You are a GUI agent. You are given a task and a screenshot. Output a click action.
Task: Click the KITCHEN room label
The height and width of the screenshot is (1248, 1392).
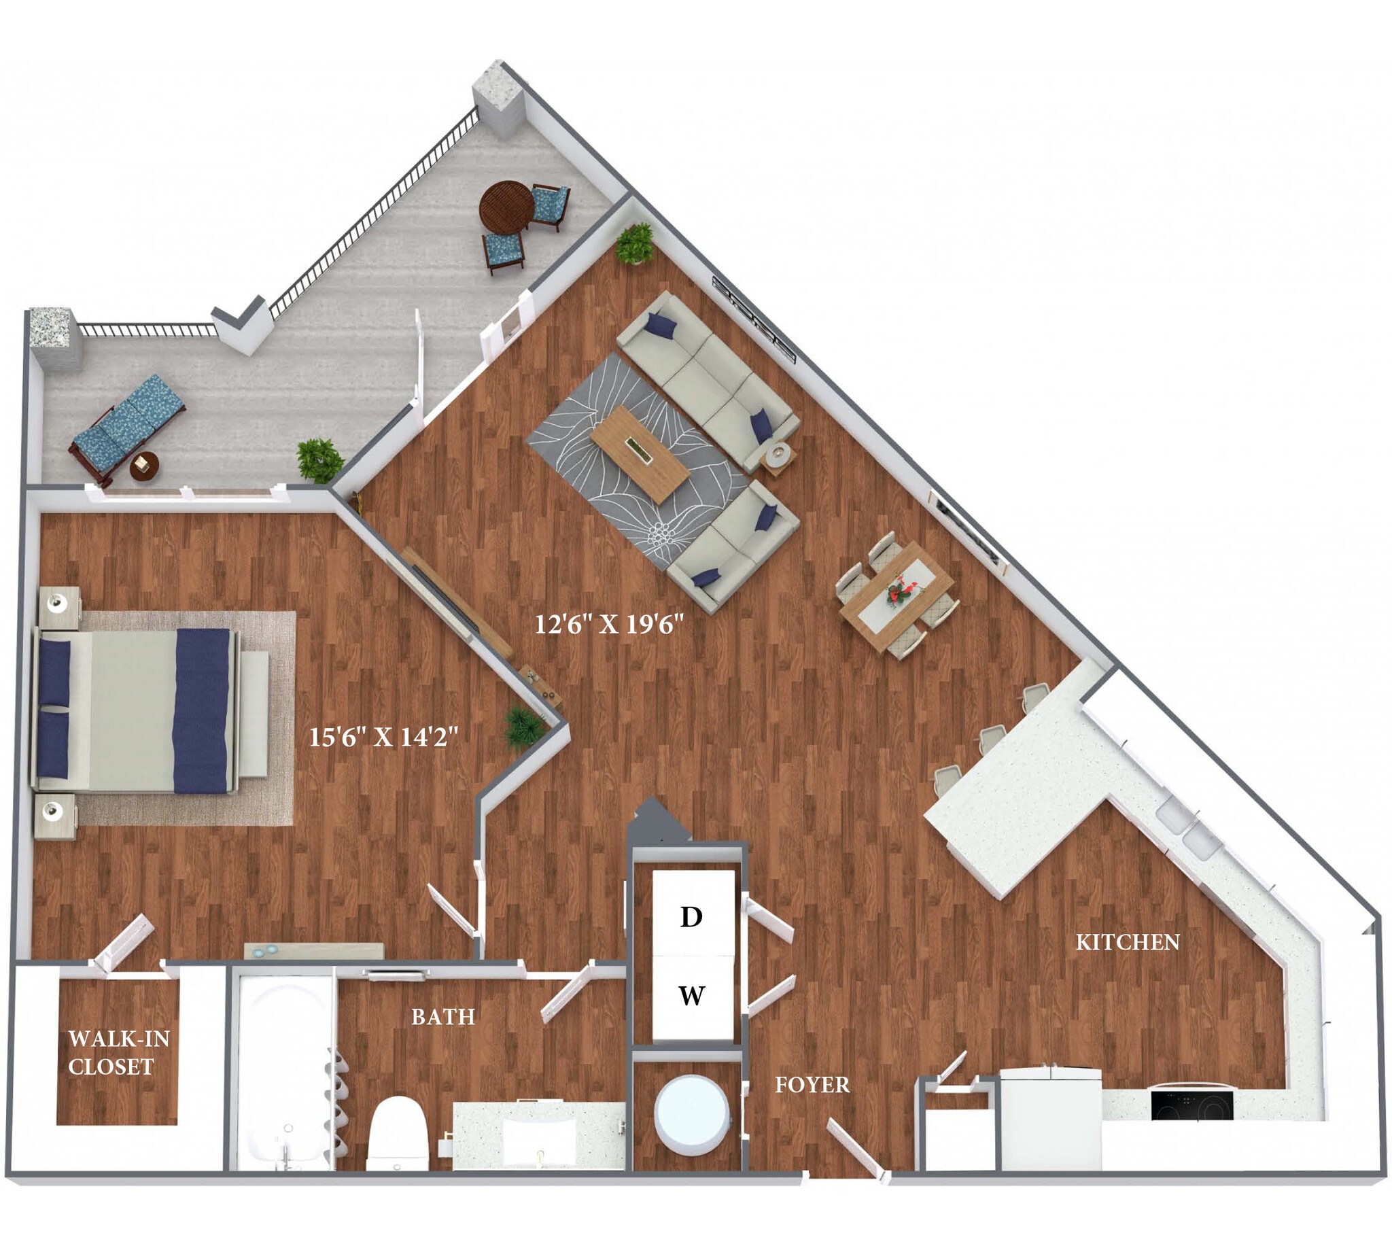pos(1127,943)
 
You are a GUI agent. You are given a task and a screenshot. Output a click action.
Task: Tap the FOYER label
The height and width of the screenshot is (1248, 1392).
pos(812,1085)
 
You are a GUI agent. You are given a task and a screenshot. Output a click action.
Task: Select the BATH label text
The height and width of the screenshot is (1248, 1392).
pos(443,1017)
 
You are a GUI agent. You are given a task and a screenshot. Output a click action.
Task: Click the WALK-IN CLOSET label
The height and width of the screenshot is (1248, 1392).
pos(118,1052)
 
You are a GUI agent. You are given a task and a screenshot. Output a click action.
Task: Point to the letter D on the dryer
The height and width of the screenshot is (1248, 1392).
pos(691,917)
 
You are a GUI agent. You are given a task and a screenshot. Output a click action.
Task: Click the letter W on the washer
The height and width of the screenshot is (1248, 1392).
pos(691,995)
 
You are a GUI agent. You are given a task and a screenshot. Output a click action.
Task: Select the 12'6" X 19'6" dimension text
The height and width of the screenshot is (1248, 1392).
pos(609,625)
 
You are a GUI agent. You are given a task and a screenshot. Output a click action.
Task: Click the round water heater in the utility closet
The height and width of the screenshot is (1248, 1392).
pos(691,1113)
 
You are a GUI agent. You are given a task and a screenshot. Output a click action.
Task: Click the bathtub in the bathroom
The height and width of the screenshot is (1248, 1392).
pos(283,1077)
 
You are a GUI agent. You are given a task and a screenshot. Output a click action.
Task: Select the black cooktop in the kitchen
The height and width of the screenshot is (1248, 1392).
pos(1191,1105)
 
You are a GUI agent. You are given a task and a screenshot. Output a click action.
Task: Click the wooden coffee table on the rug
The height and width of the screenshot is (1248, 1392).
pos(639,453)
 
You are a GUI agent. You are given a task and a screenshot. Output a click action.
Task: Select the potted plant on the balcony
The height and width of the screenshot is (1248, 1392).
pos(318,460)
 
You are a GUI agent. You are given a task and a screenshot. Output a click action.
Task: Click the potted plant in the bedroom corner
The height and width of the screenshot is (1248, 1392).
pos(523,729)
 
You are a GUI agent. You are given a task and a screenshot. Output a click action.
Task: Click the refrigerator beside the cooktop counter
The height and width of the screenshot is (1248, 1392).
pos(1049,1120)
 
